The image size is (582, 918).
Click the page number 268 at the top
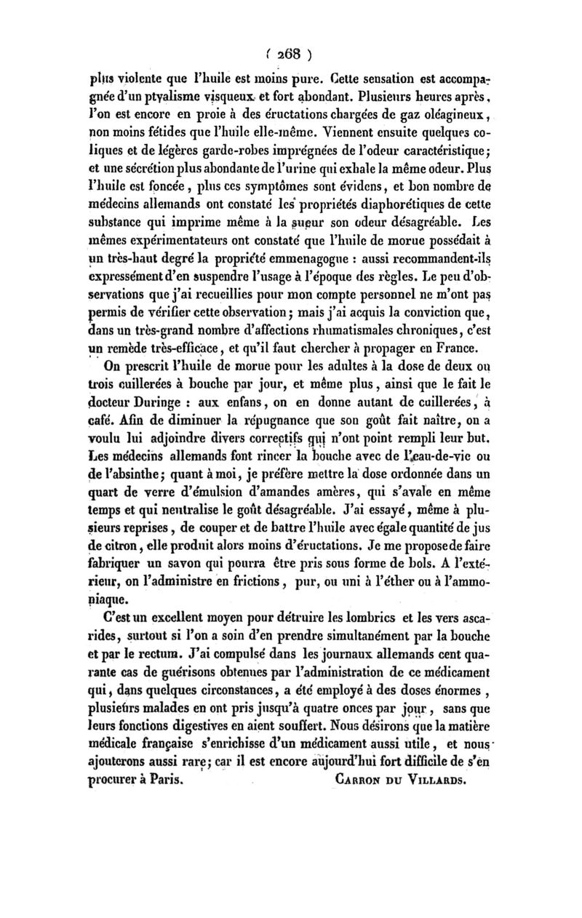(x=290, y=53)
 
